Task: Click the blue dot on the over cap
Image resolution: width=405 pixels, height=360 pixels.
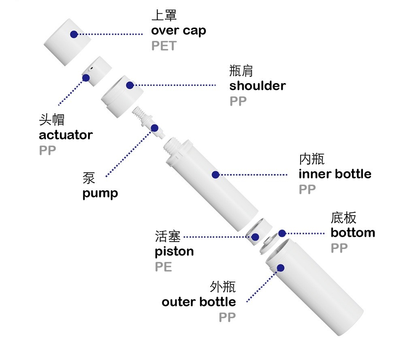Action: [x=74, y=34]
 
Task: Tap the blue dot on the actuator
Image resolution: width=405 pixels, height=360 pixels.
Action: [x=86, y=77]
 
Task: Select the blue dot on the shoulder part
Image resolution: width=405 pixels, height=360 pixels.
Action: [x=130, y=85]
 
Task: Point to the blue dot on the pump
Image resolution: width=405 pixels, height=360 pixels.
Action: [x=154, y=128]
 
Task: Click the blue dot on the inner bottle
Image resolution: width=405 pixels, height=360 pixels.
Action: [x=215, y=175]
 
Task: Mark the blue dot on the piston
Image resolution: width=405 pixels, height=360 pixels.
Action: [x=255, y=237]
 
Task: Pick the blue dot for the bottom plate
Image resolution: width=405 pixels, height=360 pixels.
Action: [x=282, y=233]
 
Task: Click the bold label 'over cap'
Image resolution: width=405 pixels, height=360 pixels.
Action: [x=179, y=31]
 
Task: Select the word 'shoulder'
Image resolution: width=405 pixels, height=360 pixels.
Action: [x=257, y=86]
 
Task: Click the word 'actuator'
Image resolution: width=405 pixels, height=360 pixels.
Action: [x=66, y=135]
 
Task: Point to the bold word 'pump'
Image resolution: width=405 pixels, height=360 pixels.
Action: [x=100, y=193]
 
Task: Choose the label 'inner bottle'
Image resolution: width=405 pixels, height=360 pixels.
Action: [x=335, y=174]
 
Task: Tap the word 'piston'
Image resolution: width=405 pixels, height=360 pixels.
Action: [x=174, y=252]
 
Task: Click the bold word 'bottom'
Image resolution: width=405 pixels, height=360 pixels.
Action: [x=353, y=233]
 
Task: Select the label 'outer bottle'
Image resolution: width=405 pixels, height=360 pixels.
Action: [x=198, y=302]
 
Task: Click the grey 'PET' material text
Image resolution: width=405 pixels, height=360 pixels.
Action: [x=164, y=46]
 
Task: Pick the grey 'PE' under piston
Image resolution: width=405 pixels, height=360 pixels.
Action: [x=163, y=267]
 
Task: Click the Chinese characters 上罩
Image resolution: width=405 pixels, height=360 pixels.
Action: [x=164, y=15]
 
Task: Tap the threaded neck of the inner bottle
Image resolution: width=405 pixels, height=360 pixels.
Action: [x=173, y=144]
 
